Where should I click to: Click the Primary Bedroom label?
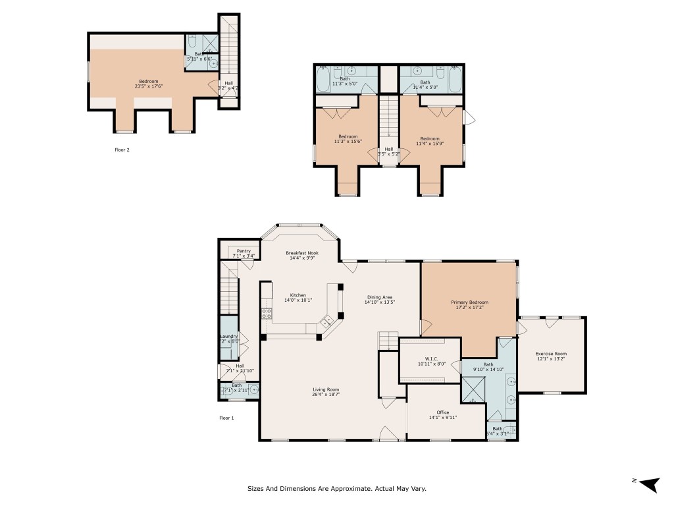coord(468,302)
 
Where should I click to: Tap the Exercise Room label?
coord(551,354)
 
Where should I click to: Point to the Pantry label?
coord(243,251)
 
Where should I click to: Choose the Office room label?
coord(442,412)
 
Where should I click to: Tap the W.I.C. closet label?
coord(432,359)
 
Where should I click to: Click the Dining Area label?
coord(380,297)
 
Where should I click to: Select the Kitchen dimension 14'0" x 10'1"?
coord(298,300)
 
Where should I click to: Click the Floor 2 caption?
coord(122,150)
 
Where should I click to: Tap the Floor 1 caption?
coord(226,418)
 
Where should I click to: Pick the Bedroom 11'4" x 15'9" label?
coord(429,138)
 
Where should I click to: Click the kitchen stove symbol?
coord(267,313)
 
